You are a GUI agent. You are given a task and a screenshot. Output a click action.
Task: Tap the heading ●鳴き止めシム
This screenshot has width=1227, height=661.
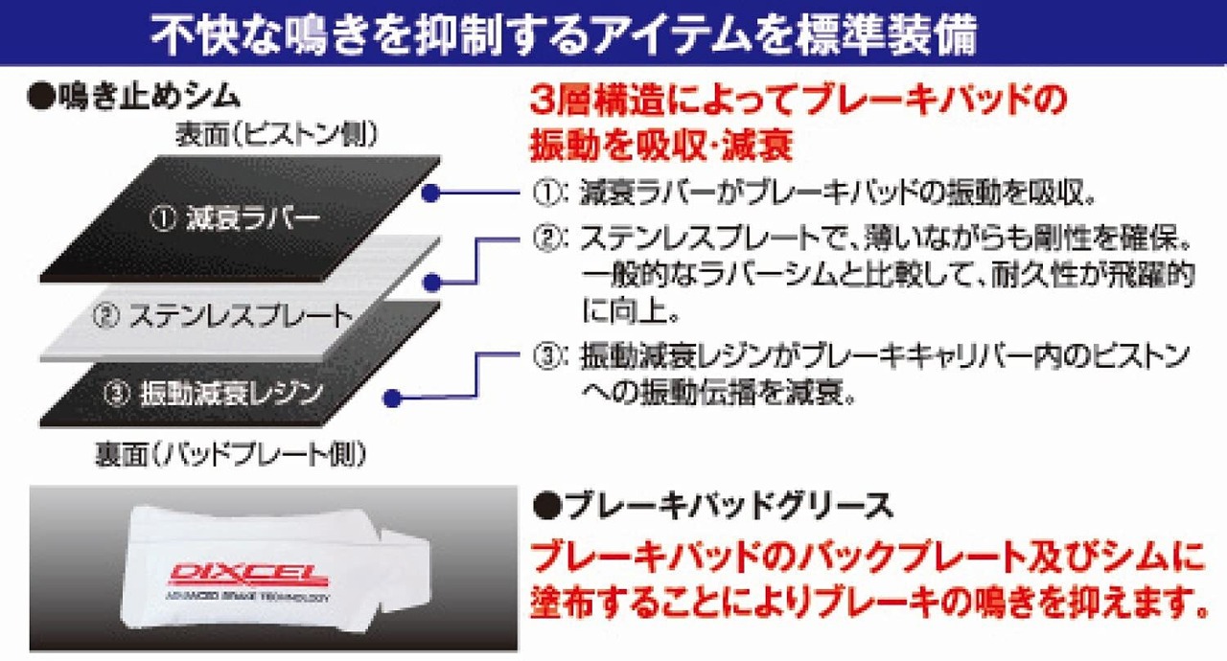135,97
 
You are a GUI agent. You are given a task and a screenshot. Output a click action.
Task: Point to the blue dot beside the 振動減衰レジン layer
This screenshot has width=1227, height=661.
390,397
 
